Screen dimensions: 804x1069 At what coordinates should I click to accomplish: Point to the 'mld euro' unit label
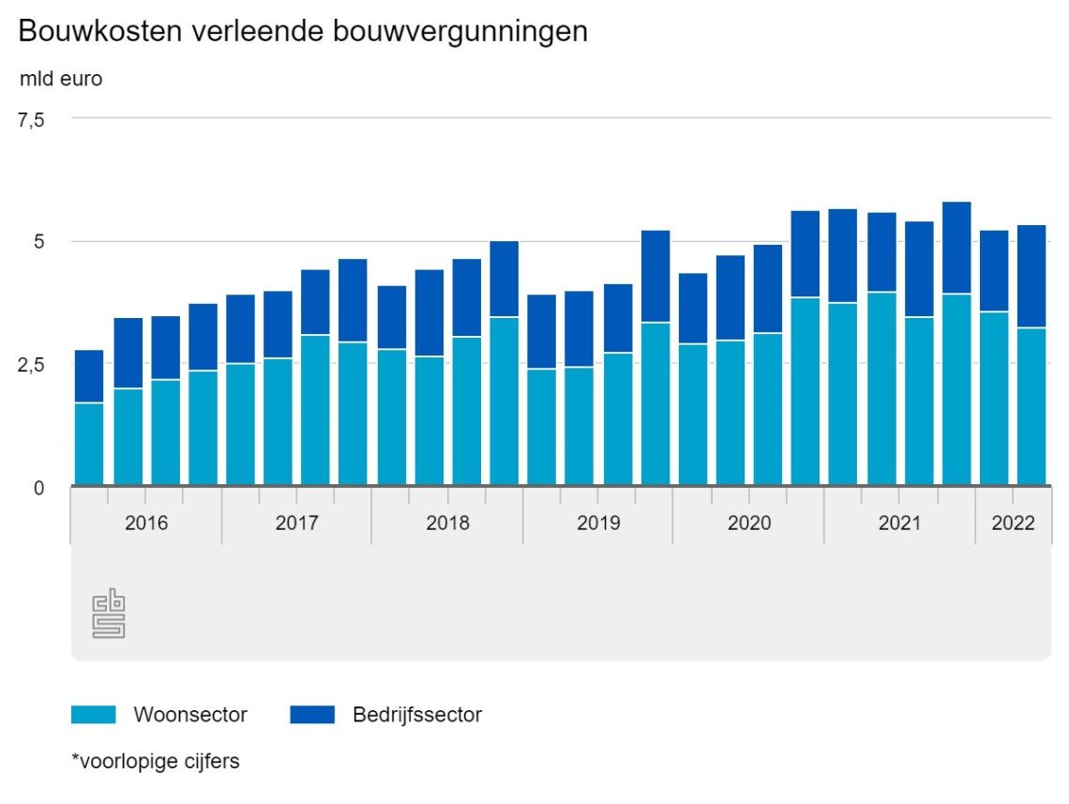pyautogui.click(x=61, y=79)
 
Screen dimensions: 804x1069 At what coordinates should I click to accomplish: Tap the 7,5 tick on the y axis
pyautogui.click(x=32, y=119)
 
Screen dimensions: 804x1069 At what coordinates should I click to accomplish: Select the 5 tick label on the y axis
pyautogui.click(x=38, y=242)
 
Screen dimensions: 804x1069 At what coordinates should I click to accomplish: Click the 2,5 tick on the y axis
pyautogui.click(x=32, y=364)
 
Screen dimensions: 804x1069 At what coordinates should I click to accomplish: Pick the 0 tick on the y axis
pyautogui.click(x=38, y=487)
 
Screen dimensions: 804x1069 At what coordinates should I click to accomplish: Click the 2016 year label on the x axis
pyautogui.click(x=146, y=523)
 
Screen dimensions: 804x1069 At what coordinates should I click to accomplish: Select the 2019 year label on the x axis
pyautogui.click(x=598, y=523)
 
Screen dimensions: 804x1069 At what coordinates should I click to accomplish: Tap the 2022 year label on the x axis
pyautogui.click(x=1013, y=523)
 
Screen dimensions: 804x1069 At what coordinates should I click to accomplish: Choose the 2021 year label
pyautogui.click(x=899, y=523)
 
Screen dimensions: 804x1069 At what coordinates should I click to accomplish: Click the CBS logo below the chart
pyautogui.click(x=109, y=614)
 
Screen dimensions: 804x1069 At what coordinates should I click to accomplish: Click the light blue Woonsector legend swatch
pyautogui.click(x=93, y=715)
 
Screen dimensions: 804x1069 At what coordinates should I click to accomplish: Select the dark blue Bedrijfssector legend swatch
pyautogui.click(x=312, y=715)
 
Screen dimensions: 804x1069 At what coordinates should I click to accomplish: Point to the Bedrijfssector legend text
pyautogui.click(x=417, y=715)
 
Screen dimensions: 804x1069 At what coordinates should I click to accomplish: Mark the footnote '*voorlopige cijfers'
pyautogui.click(x=156, y=761)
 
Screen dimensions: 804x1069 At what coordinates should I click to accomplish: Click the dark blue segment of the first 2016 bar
pyautogui.click(x=89, y=376)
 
